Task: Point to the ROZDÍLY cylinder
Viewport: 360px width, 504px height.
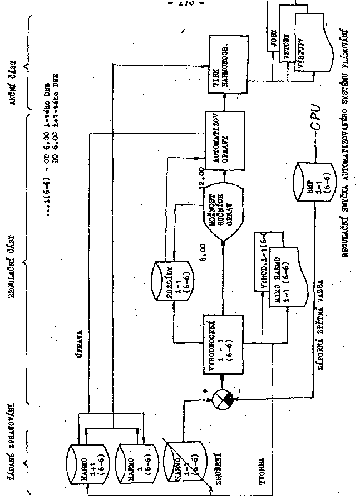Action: coord(174,279)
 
